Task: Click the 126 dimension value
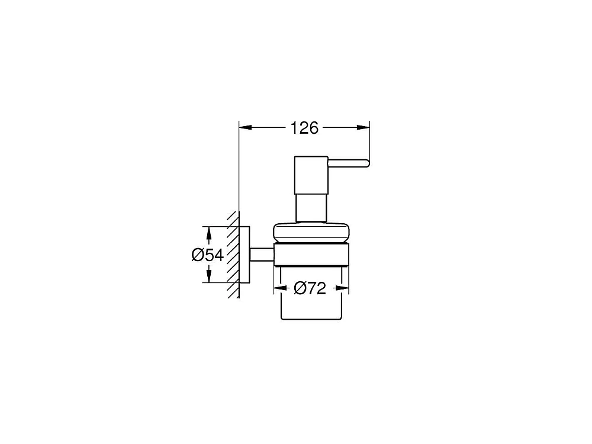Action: coord(305,128)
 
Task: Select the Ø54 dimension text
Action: coord(207,255)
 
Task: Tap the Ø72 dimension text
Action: coord(310,288)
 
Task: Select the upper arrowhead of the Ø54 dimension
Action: coord(208,233)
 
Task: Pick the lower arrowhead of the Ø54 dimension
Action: coord(208,276)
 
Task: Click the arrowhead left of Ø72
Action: coord(279,288)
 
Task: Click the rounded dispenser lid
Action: coord(310,232)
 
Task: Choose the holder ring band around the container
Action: coord(311,254)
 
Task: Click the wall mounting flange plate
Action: coord(244,255)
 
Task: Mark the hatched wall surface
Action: coord(233,255)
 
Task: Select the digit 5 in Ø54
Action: coord(210,255)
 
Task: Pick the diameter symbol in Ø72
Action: coord(300,288)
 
